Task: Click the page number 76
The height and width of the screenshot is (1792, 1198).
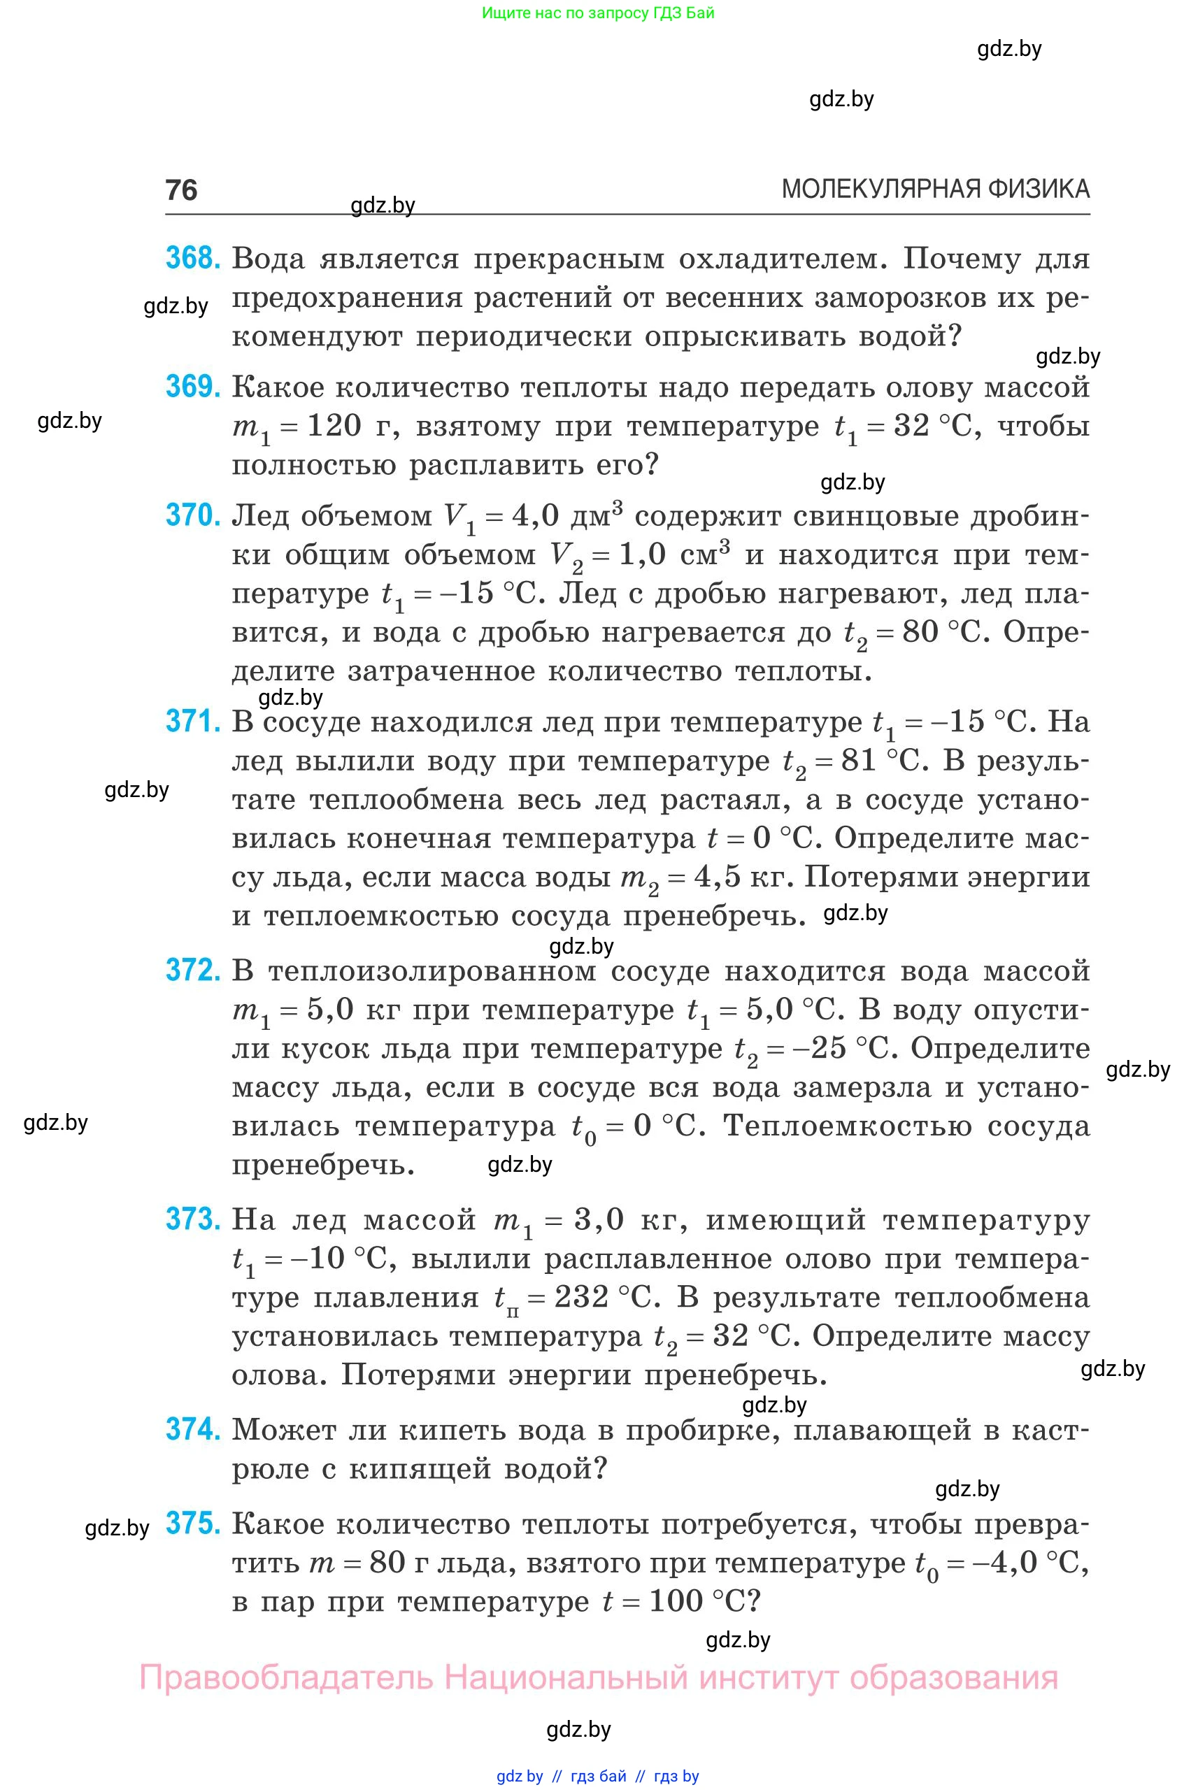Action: coord(181,189)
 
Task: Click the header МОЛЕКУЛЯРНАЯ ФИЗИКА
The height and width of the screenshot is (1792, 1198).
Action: coord(935,189)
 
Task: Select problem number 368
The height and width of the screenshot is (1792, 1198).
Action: coord(192,258)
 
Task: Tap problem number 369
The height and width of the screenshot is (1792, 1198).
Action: coord(192,387)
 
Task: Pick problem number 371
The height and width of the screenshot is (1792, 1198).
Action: coord(192,721)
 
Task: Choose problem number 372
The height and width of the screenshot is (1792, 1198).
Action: coord(192,970)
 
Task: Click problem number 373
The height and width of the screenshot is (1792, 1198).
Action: coord(192,1219)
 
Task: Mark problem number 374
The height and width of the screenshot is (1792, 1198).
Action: coord(192,1429)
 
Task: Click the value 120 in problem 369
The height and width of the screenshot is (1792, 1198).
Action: coord(334,426)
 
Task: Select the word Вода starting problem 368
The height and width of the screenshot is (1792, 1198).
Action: coord(268,259)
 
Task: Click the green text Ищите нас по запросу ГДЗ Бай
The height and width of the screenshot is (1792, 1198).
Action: coord(598,13)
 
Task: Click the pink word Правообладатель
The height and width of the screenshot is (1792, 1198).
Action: coord(287,1678)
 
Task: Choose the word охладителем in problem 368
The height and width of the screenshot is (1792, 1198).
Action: coord(783,259)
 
